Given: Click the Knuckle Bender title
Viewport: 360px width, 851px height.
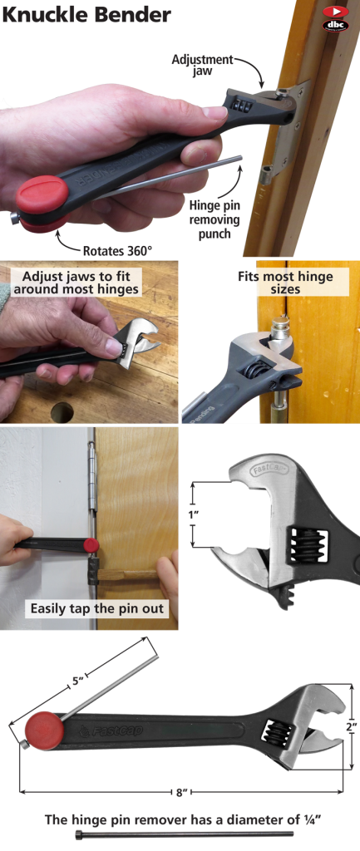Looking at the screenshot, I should point(86,15).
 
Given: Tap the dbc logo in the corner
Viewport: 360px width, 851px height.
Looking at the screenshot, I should point(334,18).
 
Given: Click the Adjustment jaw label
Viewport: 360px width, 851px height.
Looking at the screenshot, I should point(202,66).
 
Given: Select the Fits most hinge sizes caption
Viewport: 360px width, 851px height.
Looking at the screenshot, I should point(273,283).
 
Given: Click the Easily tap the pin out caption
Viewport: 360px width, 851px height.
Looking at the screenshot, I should point(97,608).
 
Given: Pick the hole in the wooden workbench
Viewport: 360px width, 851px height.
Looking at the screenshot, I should point(62,411).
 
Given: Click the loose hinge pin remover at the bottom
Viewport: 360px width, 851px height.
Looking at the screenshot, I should point(183,834).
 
